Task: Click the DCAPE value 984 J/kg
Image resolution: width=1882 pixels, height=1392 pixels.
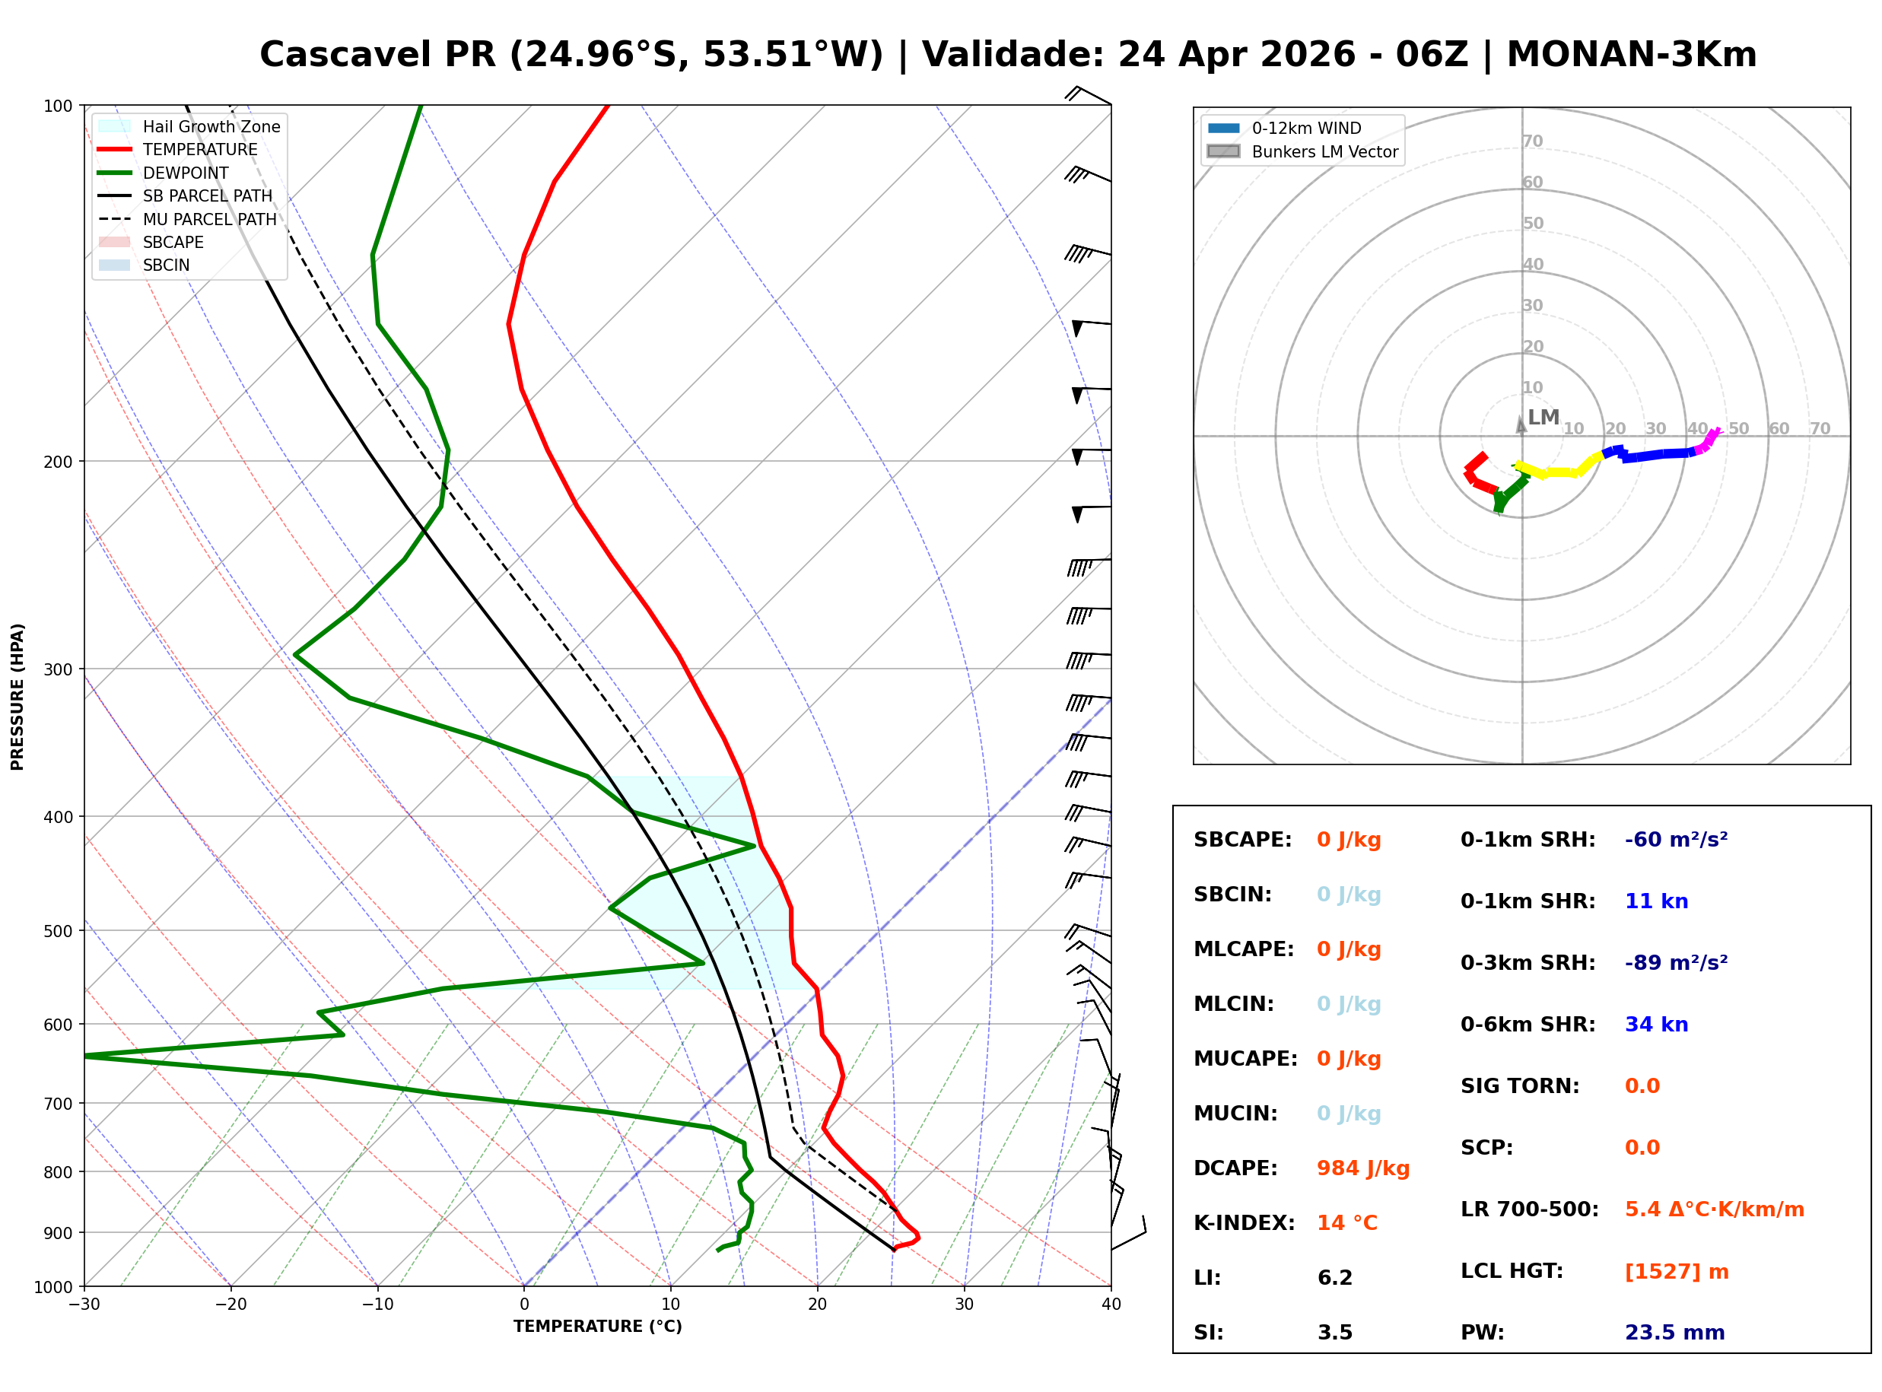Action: tap(1362, 1168)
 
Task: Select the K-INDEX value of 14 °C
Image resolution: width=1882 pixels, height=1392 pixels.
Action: tap(1346, 1222)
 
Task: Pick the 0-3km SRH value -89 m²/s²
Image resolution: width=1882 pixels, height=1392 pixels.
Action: tap(1676, 962)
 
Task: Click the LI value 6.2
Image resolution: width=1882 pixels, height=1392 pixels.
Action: tap(1334, 1277)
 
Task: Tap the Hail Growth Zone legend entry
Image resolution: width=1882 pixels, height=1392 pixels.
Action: tap(211, 126)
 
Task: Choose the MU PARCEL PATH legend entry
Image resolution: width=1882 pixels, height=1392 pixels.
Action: tap(209, 219)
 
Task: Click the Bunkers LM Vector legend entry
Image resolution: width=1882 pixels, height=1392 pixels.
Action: tap(1324, 151)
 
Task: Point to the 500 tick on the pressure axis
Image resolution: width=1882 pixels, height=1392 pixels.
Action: tap(57, 931)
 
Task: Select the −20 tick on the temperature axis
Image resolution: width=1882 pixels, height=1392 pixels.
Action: tap(230, 1305)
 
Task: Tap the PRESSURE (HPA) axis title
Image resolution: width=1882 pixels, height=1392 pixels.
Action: tap(17, 696)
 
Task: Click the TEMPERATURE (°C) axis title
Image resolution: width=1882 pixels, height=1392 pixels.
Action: tap(597, 1327)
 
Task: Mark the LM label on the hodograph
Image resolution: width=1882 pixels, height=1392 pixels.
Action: tap(1543, 417)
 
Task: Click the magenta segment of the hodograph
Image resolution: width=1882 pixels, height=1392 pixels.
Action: tap(1710, 439)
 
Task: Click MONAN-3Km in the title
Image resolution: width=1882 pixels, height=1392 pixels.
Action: tap(1631, 55)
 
